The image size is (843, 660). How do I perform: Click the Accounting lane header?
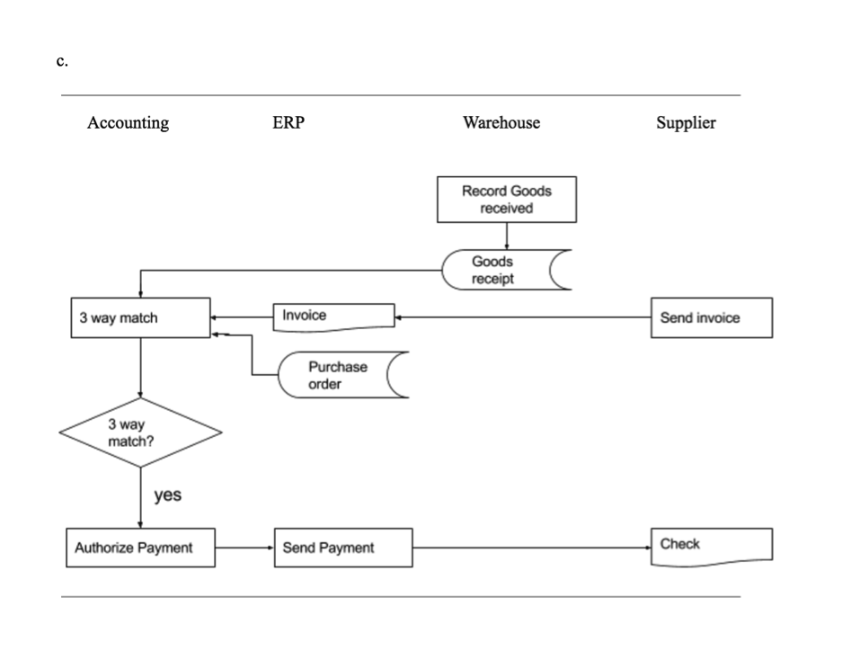tap(128, 123)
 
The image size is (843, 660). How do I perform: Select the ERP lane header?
tap(288, 123)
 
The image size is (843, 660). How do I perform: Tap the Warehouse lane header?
tap(501, 123)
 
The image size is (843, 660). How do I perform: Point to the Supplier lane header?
tap(686, 123)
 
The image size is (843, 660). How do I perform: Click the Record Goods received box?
tap(507, 200)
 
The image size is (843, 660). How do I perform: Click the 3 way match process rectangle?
tap(140, 318)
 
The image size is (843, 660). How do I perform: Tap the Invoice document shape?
tap(333, 317)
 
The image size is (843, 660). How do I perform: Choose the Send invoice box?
tap(710, 318)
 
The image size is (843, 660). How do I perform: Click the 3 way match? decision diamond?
tap(140, 433)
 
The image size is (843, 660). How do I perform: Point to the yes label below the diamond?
tap(168, 495)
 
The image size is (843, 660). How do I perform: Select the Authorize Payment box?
tap(140, 548)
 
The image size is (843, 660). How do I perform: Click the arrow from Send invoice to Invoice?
tap(521, 317)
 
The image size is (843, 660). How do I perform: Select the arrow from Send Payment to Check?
tap(530, 548)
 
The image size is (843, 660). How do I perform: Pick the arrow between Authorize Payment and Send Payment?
tap(244, 548)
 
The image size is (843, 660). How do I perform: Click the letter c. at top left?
tap(62, 61)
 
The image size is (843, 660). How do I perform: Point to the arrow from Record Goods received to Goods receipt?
tap(507, 236)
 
